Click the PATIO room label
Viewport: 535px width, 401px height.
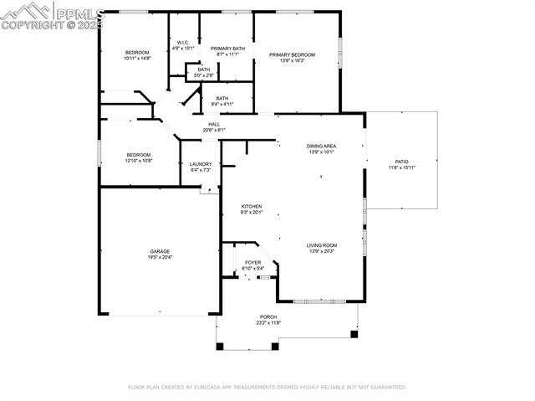pos(401,162)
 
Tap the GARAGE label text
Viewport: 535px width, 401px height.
pos(160,251)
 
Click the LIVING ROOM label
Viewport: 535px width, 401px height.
pos(321,245)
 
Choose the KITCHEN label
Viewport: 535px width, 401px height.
pos(252,207)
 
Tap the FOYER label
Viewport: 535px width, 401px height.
pos(252,262)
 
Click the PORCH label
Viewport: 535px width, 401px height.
pos(267,317)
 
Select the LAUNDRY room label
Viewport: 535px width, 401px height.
pos(201,164)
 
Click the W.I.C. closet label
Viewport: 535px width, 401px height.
pos(183,43)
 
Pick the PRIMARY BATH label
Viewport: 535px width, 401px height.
pos(227,49)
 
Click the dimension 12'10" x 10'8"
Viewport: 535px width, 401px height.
pos(139,160)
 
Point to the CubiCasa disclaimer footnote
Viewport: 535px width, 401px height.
pos(267,387)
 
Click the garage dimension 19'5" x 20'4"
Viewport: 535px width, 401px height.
pos(160,257)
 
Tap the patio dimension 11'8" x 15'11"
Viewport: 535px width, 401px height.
pos(401,167)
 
